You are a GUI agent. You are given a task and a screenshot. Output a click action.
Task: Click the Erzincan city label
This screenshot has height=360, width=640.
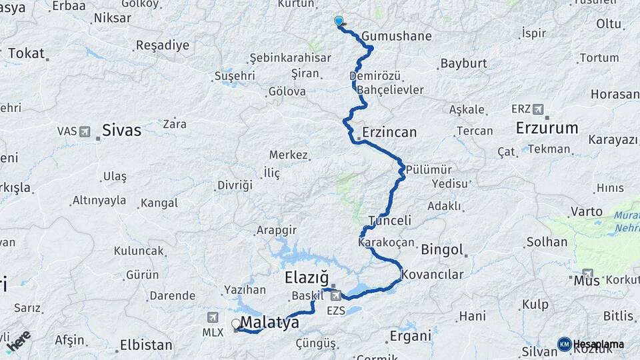pos(389,132)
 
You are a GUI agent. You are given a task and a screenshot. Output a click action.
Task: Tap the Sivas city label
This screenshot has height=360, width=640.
pos(121,130)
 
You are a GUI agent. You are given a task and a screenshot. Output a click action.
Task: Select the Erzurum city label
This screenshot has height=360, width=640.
pos(547,128)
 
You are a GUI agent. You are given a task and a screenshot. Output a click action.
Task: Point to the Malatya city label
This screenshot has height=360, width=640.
pos(269,323)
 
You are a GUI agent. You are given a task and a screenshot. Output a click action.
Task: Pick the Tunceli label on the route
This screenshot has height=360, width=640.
pos(389,221)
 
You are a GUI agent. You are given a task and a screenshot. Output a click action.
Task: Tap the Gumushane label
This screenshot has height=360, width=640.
pos(397,36)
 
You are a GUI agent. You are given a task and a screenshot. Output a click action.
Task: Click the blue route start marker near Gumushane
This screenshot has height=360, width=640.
pos(339,21)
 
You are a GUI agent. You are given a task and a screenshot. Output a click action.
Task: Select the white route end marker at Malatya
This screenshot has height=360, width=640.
pos(235,324)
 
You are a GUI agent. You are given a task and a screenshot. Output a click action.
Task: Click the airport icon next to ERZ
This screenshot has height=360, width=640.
pos(538,109)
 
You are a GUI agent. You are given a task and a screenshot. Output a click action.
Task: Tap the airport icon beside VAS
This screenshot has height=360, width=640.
pos(85,131)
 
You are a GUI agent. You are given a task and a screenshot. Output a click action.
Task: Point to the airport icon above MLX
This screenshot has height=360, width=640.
pos(213,317)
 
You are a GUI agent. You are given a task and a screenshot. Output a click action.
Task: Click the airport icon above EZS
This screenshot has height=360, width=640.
pos(335,295)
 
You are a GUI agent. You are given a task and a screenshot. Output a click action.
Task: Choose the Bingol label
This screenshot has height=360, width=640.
pos(442,250)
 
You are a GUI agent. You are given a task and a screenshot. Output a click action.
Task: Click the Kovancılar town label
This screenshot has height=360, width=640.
pos(433,274)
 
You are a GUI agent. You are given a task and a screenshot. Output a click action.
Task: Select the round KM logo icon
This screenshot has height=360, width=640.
pos(564,344)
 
